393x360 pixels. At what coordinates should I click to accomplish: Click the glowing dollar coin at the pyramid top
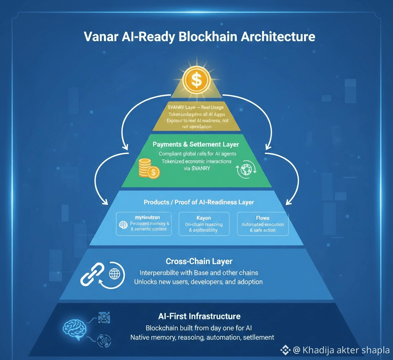coord(196,79)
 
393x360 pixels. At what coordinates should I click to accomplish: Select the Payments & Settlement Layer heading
coord(196,144)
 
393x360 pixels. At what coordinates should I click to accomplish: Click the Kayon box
coord(204,223)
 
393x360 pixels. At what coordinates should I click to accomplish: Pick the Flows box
coord(263,223)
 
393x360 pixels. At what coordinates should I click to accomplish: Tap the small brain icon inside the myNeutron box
coord(124,225)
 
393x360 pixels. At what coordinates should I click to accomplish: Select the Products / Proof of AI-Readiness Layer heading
coord(199,202)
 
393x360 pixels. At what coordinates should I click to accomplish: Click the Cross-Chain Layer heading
coord(199,261)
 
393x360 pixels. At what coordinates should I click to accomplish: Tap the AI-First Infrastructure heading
coord(199,316)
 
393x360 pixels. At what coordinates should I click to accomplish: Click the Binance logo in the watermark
coord(285,350)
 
